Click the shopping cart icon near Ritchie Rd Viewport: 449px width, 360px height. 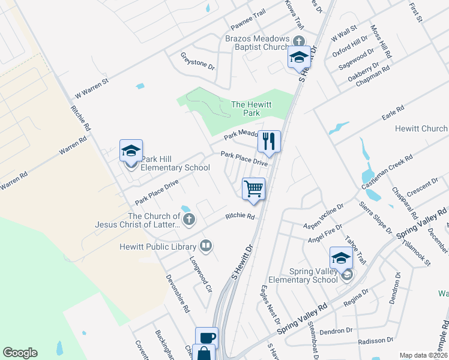point(253,188)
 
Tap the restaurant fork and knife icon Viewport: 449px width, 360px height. point(269,141)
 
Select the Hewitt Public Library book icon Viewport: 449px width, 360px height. point(205,245)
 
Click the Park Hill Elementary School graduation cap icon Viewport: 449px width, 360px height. point(131,151)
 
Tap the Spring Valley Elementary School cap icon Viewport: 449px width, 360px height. point(341,258)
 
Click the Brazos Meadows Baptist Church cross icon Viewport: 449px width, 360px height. point(298,40)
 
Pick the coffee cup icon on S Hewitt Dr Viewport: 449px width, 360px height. point(206,337)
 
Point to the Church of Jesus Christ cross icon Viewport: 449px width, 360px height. point(188,219)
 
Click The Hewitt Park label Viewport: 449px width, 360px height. point(252,109)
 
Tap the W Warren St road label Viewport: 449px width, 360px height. point(91,88)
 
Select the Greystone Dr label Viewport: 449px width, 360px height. point(197,61)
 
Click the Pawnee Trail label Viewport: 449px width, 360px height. point(247,30)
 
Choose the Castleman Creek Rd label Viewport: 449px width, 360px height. point(387,172)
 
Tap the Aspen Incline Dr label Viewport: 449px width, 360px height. point(324,218)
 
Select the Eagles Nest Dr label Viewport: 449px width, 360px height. point(268,301)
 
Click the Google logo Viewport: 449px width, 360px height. point(20,353)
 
